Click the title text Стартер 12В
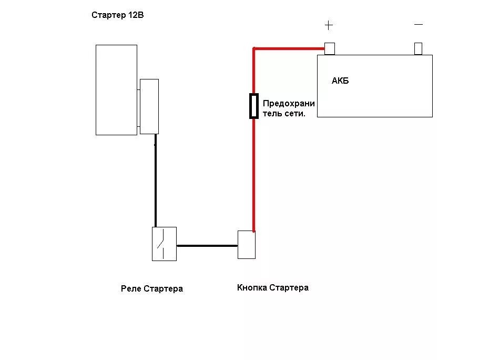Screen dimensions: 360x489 click(117, 15)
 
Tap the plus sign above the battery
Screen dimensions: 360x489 click(329, 25)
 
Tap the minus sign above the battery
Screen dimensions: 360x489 click(419, 24)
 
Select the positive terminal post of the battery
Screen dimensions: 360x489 click(330, 48)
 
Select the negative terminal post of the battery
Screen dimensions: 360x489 click(419, 48)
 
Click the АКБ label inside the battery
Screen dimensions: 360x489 click(340, 81)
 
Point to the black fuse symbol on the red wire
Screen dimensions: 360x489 click(254, 106)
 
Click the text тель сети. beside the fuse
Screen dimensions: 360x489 click(284, 113)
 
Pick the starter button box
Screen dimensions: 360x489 click(247, 245)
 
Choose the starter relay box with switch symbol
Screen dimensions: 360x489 click(164, 244)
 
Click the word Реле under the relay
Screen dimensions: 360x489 click(130, 288)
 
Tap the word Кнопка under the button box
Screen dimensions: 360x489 click(252, 287)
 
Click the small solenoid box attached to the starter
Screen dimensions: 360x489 click(149, 106)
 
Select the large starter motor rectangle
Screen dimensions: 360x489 click(116, 89)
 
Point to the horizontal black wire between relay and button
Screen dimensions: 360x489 click(207, 245)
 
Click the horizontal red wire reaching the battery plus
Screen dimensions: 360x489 click(289, 49)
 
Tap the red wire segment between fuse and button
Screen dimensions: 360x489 click(254, 174)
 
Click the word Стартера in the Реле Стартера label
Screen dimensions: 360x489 click(163, 288)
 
